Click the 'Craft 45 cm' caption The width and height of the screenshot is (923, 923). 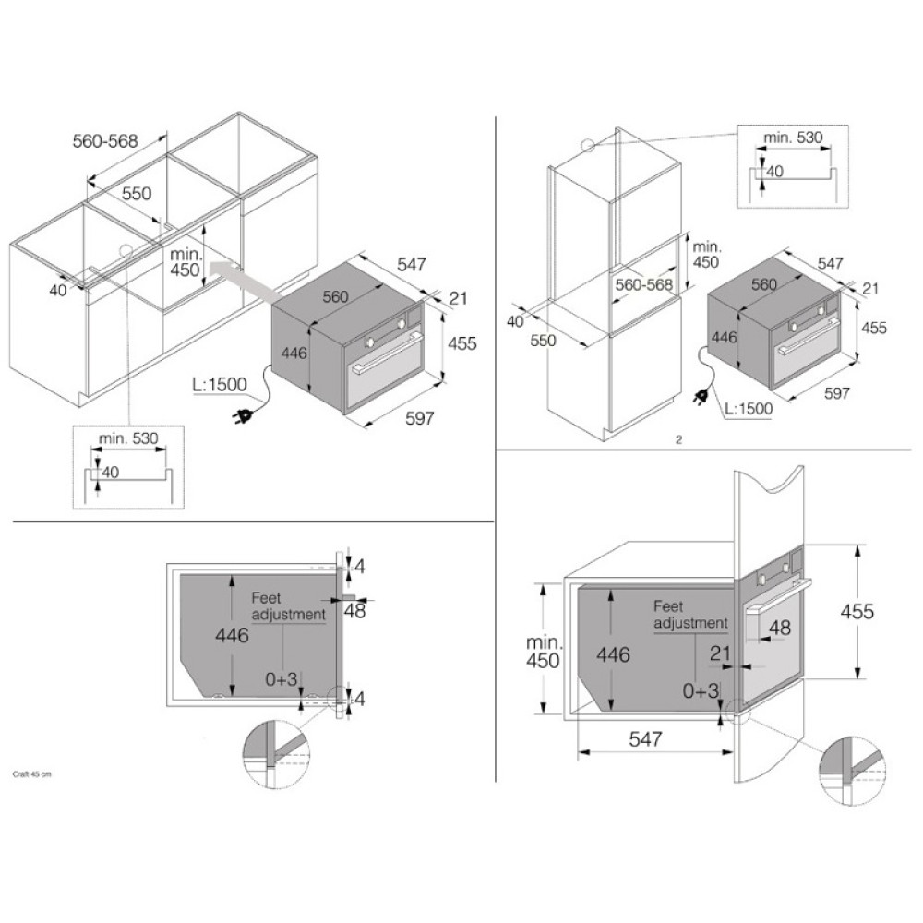pyautogui.click(x=31, y=773)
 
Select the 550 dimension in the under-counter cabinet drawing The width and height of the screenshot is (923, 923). pyautogui.click(x=136, y=193)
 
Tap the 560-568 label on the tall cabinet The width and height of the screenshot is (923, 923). pyautogui.click(x=644, y=284)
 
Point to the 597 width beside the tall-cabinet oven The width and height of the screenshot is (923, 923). pyautogui.click(x=836, y=392)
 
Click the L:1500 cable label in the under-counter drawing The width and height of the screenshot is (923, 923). pyautogui.click(x=219, y=384)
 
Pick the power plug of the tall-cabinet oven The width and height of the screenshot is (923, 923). pyautogui.click(x=701, y=397)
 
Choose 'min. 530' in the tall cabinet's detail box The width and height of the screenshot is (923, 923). pyautogui.click(x=793, y=138)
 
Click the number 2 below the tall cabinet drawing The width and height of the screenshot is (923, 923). pyautogui.click(x=678, y=439)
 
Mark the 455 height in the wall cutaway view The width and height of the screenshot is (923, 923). pyautogui.click(x=857, y=612)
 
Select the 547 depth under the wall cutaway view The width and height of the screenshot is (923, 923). pyautogui.click(x=645, y=738)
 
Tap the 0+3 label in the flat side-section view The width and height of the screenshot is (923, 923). pyautogui.click(x=282, y=679)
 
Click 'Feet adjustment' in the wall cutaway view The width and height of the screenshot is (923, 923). pyautogui.click(x=690, y=615)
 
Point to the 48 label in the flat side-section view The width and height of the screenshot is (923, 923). pyautogui.click(x=354, y=611)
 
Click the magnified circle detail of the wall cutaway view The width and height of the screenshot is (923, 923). pyautogui.click(x=852, y=772)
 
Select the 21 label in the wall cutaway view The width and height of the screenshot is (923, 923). pyautogui.click(x=720, y=653)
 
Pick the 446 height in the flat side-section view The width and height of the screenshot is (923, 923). pyautogui.click(x=232, y=635)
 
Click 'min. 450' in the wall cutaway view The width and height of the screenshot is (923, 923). pyautogui.click(x=544, y=651)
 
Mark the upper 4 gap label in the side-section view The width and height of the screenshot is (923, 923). pyautogui.click(x=360, y=567)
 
